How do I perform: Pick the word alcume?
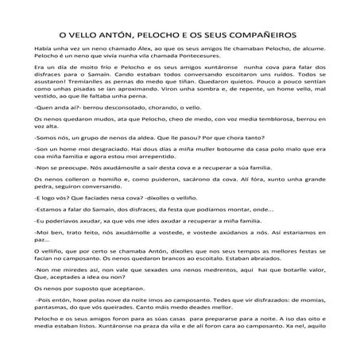(x=312, y=49)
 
